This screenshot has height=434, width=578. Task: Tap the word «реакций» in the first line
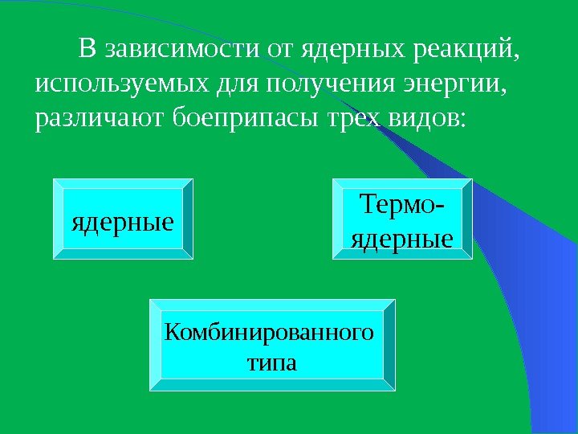click(x=458, y=51)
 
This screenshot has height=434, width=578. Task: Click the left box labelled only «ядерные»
click(x=123, y=219)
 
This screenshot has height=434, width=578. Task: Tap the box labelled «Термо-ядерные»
click(x=402, y=219)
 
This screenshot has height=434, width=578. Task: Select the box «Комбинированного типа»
click(x=272, y=345)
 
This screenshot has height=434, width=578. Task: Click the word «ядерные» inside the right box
click(x=402, y=239)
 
